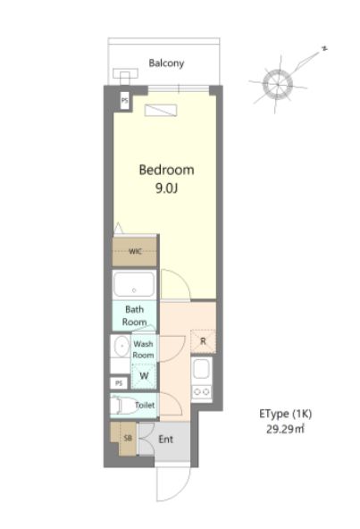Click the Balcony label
166,63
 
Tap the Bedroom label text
167,170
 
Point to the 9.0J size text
166,188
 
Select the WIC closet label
135,251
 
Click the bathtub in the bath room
134,285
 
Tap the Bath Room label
134,315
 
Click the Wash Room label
144,349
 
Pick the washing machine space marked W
144,375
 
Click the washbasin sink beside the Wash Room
121,346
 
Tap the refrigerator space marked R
203,341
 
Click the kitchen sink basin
201,369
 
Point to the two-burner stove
201,392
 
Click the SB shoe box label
128,438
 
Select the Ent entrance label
165,440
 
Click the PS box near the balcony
125,101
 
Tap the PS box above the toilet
119,383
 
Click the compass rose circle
277,84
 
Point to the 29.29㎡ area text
285,429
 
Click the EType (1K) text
286,414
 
